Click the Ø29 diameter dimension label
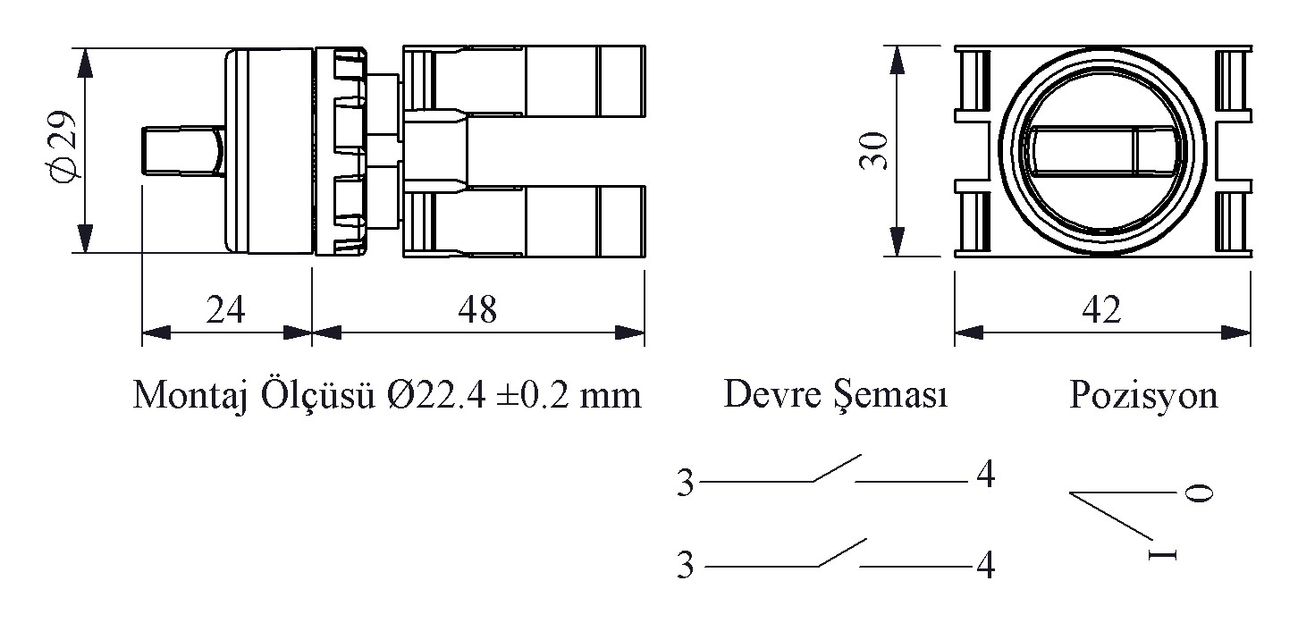click(x=63, y=146)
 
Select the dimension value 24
click(x=225, y=309)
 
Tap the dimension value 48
click(x=477, y=309)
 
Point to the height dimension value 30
click(x=873, y=151)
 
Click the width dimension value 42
click(x=1101, y=309)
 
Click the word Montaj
click(x=191, y=396)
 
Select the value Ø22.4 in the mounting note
click(x=436, y=395)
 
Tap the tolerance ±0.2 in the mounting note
click(x=533, y=395)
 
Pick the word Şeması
click(x=890, y=397)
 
